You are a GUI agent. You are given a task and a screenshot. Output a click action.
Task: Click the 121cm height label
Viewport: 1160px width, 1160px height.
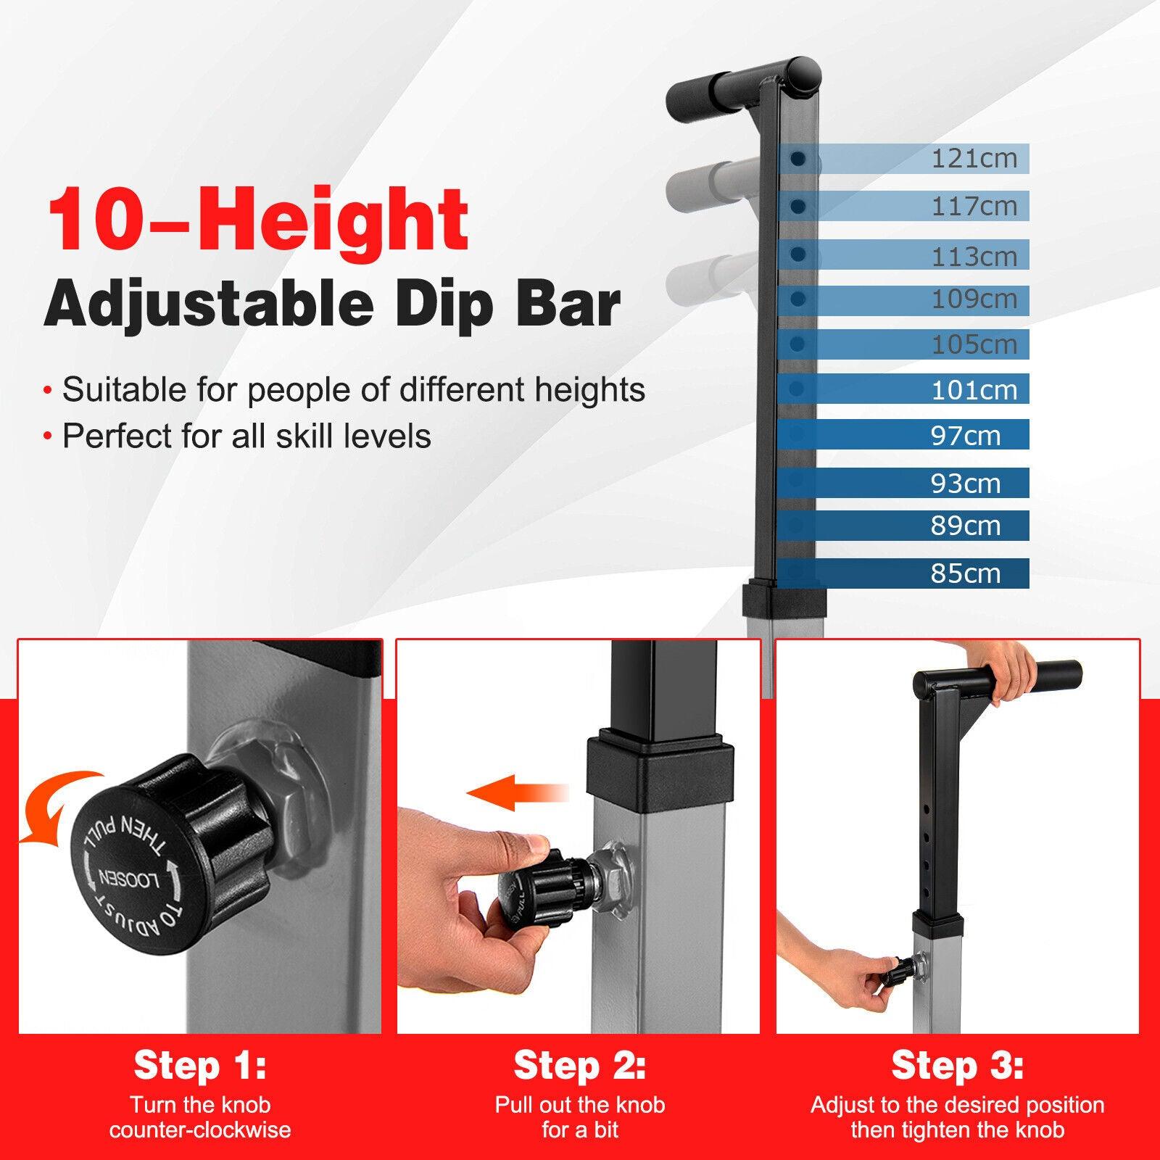[974, 158]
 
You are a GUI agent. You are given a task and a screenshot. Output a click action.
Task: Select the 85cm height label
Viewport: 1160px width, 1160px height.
[965, 573]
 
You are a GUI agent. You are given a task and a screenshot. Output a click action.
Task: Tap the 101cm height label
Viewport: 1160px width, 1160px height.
[974, 390]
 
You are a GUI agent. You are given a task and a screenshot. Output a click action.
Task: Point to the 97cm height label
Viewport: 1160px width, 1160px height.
[965, 436]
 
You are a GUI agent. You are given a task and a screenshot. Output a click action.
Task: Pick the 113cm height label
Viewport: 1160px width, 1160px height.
[974, 256]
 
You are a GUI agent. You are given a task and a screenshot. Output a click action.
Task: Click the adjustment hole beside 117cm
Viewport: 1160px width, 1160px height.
[797, 207]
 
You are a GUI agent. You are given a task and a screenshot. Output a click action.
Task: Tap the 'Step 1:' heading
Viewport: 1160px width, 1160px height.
[200, 1065]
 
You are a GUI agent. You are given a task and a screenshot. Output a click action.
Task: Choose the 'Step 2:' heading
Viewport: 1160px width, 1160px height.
[579, 1065]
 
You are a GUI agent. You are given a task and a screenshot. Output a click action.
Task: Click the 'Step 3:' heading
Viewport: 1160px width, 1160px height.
[957, 1065]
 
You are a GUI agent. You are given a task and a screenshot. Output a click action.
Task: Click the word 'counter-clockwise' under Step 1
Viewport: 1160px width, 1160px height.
[200, 1130]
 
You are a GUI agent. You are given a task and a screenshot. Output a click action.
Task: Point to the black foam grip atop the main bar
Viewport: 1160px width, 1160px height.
[743, 86]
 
